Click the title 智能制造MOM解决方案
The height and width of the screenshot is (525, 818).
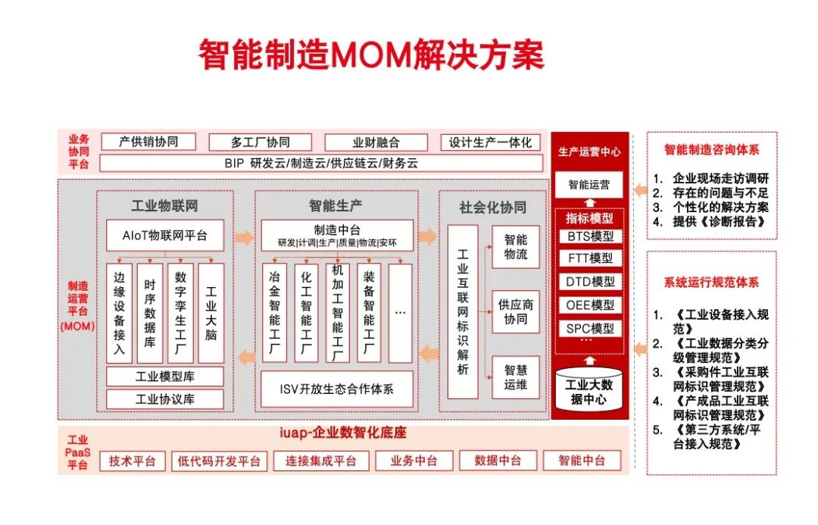pyautogui.click(x=371, y=55)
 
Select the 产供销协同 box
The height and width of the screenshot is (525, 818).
pyautogui.click(x=148, y=142)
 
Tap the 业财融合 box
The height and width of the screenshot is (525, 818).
pyautogui.click(x=376, y=142)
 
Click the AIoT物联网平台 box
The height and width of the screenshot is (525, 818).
pyautogui.click(x=165, y=236)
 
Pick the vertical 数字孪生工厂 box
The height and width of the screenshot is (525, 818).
pyautogui.click(x=180, y=313)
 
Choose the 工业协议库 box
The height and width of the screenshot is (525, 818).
pyautogui.click(x=165, y=399)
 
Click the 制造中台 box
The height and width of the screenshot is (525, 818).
pyautogui.click(x=337, y=236)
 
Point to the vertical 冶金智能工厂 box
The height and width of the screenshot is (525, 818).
pyautogui.click(x=274, y=313)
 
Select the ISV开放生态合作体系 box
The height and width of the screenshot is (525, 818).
pyautogui.click(x=336, y=389)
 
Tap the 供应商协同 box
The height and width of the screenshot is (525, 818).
pyautogui.click(x=516, y=311)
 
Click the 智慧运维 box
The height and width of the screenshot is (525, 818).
pyautogui.click(x=516, y=377)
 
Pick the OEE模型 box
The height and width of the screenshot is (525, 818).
pyautogui.click(x=590, y=305)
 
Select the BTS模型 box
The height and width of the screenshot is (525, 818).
pyautogui.click(x=590, y=236)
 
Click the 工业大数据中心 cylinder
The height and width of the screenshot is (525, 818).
pyautogui.click(x=589, y=390)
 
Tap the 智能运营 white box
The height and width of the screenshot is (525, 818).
pyautogui.click(x=589, y=185)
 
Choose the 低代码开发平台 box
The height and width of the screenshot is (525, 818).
pyautogui.click(x=219, y=461)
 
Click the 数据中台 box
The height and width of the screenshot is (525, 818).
pyautogui.click(x=498, y=461)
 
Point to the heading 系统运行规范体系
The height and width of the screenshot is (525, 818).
pyautogui.click(x=711, y=283)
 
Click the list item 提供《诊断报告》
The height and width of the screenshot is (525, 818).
pyautogui.click(x=710, y=222)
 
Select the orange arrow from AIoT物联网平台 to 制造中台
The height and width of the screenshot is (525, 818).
pyautogui.click(x=244, y=237)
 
